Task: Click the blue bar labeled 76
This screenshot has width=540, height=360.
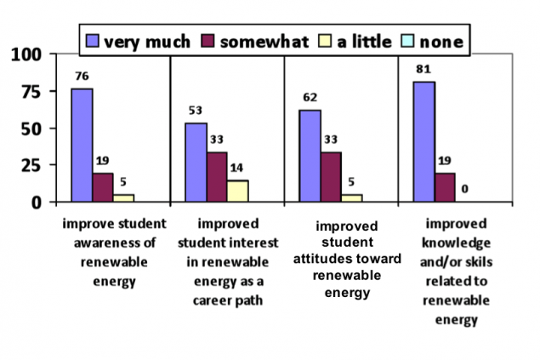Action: pyautogui.click(x=82, y=145)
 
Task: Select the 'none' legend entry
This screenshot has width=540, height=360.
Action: pyautogui.click(x=433, y=39)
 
